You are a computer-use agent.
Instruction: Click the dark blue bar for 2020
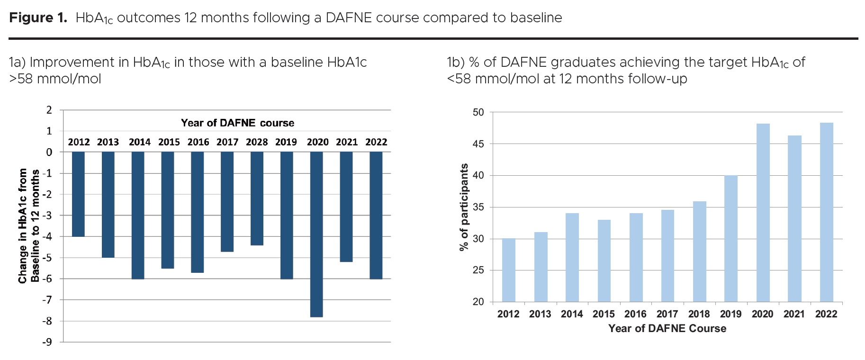pos(316,234)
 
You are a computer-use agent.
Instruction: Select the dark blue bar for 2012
pos(78,194)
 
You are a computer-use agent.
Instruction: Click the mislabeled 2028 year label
pos(257,142)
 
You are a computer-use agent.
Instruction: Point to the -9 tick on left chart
pos(47,342)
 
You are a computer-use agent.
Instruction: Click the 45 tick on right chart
pos(478,144)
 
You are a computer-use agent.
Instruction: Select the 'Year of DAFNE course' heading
pos(237,123)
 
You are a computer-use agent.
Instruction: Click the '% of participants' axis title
pos(464,207)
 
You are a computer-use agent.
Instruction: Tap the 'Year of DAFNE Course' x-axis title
pos(667,329)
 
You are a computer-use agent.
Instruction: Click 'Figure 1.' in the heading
pos(38,18)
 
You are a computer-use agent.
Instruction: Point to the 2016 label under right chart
pos(635,314)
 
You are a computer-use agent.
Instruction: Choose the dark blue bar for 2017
pos(227,201)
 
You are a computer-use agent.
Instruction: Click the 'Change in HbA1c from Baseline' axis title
pos(28,226)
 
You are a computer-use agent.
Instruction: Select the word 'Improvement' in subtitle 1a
pos(79,63)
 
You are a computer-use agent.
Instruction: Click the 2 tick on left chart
pos(49,110)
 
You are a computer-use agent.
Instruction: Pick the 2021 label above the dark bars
pos(347,142)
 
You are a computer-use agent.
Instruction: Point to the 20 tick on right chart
pos(478,302)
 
